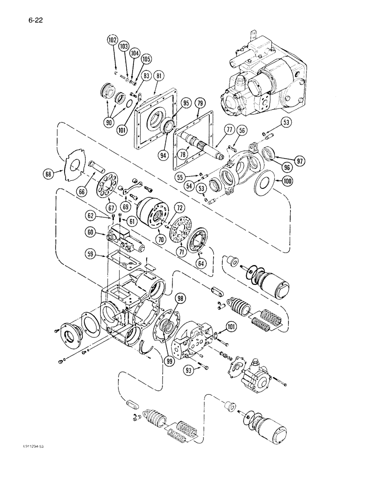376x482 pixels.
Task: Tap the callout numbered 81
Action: (160, 76)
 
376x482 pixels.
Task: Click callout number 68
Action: (60, 172)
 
